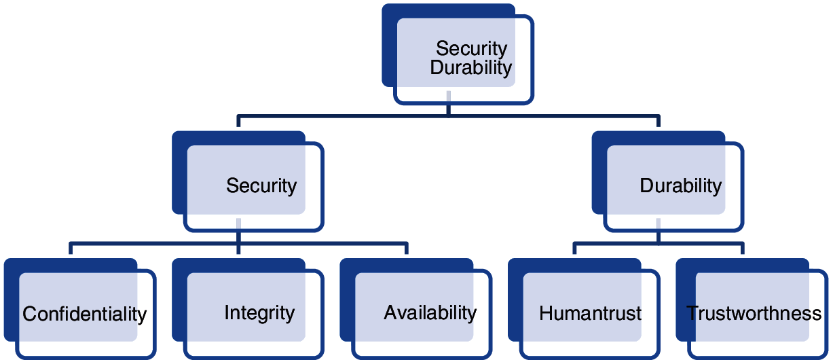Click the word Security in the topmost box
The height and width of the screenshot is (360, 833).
(x=471, y=49)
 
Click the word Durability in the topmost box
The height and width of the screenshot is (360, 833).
(x=470, y=68)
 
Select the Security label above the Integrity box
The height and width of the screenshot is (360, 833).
(x=261, y=186)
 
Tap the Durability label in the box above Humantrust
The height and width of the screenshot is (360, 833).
(x=680, y=185)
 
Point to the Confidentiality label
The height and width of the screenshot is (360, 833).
(x=84, y=314)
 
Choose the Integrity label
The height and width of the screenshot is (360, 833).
(x=259, y=313)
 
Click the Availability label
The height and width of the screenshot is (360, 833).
(x=430, y=312)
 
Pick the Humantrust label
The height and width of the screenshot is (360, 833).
(x=590, y=313)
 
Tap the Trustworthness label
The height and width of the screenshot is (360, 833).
(x=754, y=313)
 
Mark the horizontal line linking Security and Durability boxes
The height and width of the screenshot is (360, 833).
(x=449, y=116)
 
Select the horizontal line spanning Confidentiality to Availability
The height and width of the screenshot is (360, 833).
(x=238, y=244)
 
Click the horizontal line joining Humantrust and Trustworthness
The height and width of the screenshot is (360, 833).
(x=659, y=244)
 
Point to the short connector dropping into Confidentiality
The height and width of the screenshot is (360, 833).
(x=71, y=249)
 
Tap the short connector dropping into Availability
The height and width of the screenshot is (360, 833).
(x=407, y=249)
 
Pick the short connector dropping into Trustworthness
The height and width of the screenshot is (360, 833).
(x=742, y=249)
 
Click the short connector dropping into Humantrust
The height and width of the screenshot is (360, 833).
(x=574, y=249)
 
